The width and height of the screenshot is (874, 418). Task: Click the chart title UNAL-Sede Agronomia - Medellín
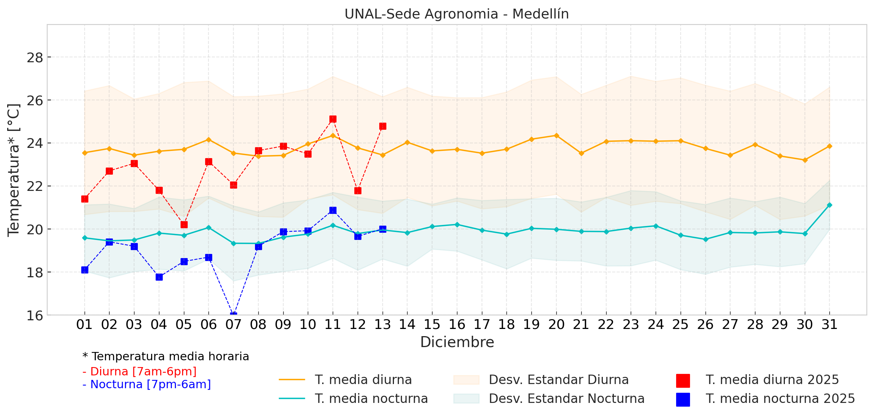coord(456,14)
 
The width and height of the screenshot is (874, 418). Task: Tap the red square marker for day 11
coord(333,119)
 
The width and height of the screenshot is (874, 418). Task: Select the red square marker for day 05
coord(184,224)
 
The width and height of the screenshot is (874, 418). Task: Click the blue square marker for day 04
coord(159,277)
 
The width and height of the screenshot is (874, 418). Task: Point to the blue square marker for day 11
coord(333,210)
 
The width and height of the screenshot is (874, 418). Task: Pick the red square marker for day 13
coord(383,126)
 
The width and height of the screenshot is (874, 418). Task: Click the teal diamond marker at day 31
coord(829,205)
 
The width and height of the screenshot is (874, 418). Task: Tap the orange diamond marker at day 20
coord(556,135)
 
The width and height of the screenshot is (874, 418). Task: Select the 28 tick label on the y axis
coord(35,58)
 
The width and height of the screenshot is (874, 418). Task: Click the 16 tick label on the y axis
coord(35,315)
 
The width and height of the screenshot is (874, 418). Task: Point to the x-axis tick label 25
coord(681,324)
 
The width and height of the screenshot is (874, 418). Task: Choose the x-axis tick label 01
coord(84,324)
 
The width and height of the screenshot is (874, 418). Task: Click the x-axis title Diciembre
coord(457,342)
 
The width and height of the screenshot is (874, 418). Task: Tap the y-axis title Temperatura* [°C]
coord(14,170)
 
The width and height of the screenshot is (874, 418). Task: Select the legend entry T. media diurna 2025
coord(772,380)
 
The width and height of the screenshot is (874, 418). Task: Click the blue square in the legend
coord(683,399)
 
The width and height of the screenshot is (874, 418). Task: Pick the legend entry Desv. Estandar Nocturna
coord(567,398)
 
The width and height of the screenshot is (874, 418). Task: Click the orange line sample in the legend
coord(292,380)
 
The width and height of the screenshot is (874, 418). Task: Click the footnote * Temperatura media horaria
coord(166,357)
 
